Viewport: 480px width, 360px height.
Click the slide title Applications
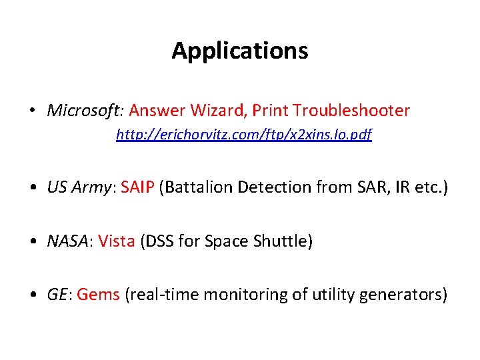tap(240, 51)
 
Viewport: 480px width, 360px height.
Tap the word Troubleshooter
tap(351, 110)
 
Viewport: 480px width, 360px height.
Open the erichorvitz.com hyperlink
tap(243, 135)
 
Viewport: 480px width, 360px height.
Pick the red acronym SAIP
tap(137, 187)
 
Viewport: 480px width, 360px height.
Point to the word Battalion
tap(197, 187)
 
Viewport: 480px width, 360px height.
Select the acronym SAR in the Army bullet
tap(357, 187)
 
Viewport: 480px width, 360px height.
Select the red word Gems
tap(98, 294)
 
